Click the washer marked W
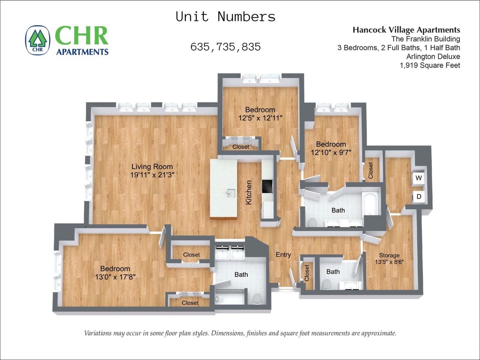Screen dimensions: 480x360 (x=418, y=178)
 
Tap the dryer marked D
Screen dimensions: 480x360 (x=419, y=196)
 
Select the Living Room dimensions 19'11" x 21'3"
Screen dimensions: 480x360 (x=152, y=175)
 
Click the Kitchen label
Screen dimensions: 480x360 (x=249, y=192)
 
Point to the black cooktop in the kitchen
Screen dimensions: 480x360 (x=267, y=186)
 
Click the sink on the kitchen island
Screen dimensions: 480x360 (x=231, y=193)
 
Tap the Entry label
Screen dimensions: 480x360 (x=283, y=255)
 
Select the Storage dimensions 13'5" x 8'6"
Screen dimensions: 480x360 (x=389, y=262)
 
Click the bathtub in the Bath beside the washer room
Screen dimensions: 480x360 (x=371, y=204)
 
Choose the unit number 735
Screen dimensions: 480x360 (x=226, y=47)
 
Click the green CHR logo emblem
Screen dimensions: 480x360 (x=38, y=40)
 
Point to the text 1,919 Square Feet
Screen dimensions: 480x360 (x=430, y=65)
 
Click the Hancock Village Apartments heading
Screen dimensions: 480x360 (x=406, y=30)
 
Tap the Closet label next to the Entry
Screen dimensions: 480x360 (x=307, y=273)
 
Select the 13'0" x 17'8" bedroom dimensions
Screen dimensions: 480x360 (x=115, y=277)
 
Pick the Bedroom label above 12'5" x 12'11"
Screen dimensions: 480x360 (x=260, y=109)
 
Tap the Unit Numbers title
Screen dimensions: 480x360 (x=226, y=16)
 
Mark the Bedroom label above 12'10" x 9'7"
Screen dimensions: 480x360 (x=331, y=144)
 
